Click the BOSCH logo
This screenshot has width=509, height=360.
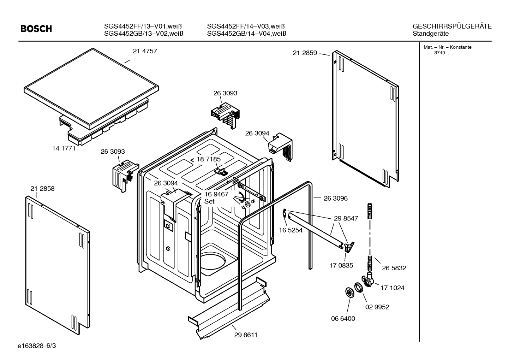click(36, 29)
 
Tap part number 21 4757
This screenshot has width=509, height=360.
click(145, 51)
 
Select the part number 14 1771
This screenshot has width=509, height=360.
click(64, 148)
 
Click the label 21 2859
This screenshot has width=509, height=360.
click(305, 53)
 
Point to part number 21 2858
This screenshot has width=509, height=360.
click(42, 189)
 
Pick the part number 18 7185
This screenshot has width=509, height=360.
click(208, 159)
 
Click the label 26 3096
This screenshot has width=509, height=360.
click(335, 199)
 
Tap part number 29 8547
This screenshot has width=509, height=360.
click(346, 218)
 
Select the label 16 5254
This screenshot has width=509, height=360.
click(291, 230)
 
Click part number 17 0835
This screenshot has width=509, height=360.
click(341, 265)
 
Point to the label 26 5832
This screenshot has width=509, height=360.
click(394, 268)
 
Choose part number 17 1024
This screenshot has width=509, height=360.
click(392, 288)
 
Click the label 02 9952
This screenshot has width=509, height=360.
click(377, 307)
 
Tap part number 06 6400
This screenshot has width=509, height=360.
click(343, 318)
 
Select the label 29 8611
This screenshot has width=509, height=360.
click(246, 335)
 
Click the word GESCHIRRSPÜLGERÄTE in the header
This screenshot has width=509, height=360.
click(452, 26)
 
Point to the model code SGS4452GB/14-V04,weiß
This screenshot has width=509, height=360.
click(246, 34)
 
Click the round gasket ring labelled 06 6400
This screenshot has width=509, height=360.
click(349, 293)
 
